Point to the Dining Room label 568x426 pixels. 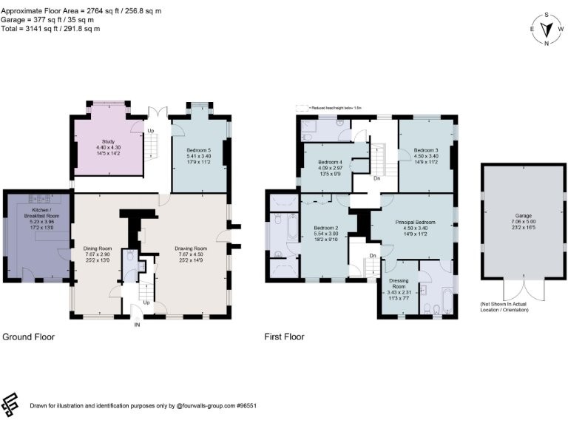pyautogui.click(x=97, y=248)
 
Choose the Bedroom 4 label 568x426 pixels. pyautogui.click(x=330, y=162)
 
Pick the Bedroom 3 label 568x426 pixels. pyautogui.click(x=426, y=150)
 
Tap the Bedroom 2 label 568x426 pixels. pyautogui.click(x=325, y=228)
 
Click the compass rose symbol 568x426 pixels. pyautogui.click(x=547, y=29)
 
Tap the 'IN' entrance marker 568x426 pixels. pyautogui.click(x=136, y=325)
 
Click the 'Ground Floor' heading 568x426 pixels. pyautogui.click(x=29, y=337)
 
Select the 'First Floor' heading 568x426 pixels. pyautogui.click(x=284, y=337)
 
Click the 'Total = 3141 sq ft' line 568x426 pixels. pyautogui.click(x=51, y=29)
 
